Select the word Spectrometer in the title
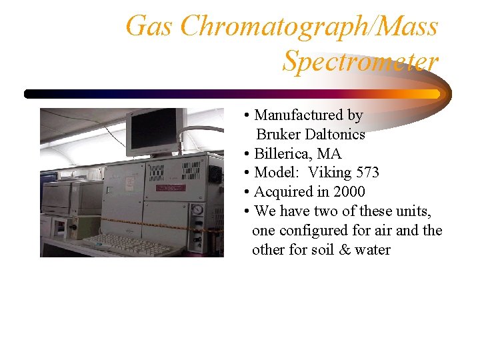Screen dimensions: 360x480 (361, 61)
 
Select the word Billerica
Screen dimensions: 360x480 (283, 154)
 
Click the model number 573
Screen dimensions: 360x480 (367, 173)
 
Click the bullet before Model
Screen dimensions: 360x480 (247, 173)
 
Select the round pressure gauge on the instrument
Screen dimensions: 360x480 (197, 210)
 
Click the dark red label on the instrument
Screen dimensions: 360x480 (171, 189)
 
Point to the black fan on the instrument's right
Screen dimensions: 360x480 (215, 175)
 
